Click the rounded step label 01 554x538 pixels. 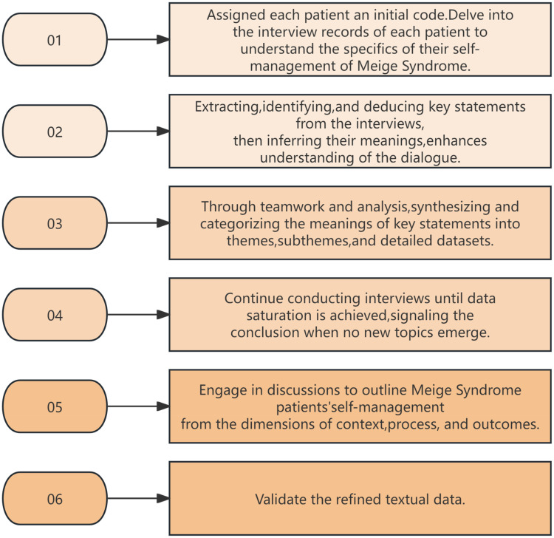55,40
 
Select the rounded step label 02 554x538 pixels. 55,131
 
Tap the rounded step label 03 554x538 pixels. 55,222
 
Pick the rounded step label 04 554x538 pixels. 55,315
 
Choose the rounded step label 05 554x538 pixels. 55,406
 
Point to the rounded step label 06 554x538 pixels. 55,498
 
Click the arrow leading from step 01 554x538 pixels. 138,40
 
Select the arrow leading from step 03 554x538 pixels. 138,222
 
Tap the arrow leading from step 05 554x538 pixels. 138,406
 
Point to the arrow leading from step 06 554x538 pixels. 138,498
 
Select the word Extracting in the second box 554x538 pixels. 227,107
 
